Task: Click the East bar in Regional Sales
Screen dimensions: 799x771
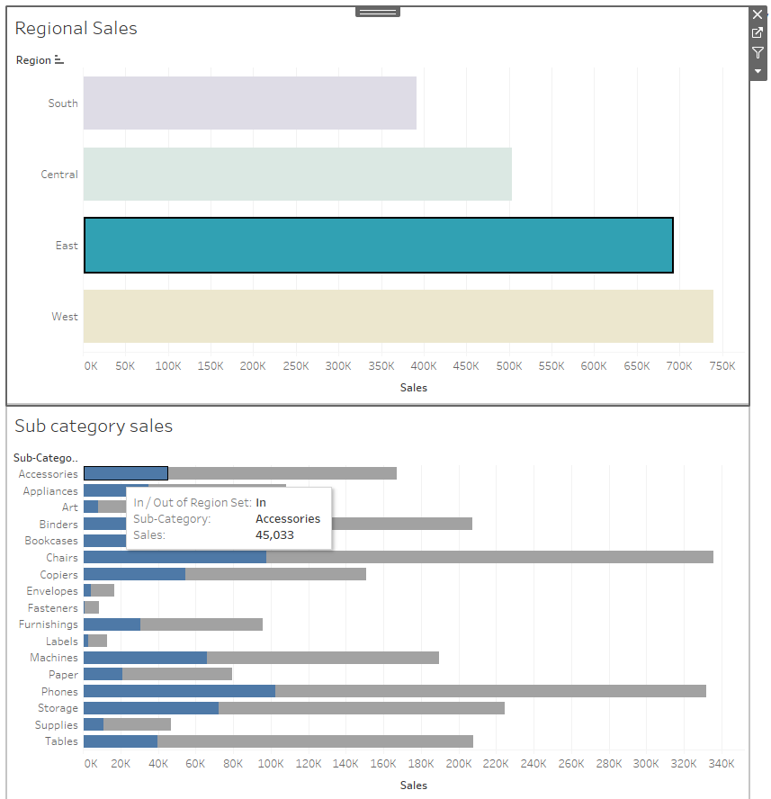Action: (x=378, y=245)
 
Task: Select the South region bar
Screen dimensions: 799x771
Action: (x=249, y=103)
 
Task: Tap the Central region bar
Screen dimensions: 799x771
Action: (x=297, y=174)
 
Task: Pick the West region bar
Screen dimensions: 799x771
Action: (x=398, y=316)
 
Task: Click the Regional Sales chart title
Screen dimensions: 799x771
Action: (x=76, y=28)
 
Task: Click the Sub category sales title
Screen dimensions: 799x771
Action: (x=94, y=426)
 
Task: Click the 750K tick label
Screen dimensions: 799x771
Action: (x=722, y=366)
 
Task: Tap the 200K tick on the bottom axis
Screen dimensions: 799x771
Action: (x=458, y=763)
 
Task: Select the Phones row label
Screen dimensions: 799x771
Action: (x=59, y=691)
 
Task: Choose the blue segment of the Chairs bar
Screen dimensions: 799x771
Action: (x=175, y=557)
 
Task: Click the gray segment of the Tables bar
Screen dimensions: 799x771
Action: (x=315, y=741)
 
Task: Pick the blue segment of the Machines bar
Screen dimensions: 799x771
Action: (x=145, y=658)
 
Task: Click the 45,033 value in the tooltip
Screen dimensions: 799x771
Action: (x=274, y=534)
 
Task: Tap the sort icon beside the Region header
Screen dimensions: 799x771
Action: (x=59, y=60)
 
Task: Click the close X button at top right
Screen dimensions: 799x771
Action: (x=758, y=14)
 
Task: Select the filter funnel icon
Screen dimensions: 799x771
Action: (x=758, y=52)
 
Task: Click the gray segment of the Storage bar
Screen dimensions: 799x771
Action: (x=361, y=708)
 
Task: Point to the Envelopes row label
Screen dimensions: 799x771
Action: (x=52, y=590)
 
